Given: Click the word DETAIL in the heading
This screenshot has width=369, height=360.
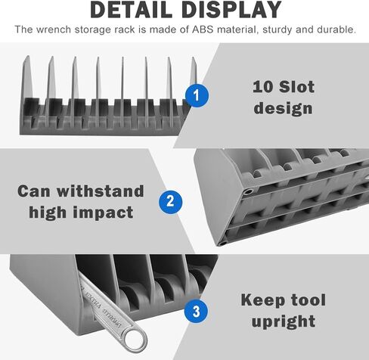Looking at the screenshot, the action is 131,10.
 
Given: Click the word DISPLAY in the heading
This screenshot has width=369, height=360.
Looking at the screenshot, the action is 231,10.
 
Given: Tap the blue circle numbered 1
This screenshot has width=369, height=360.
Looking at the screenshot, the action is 197,95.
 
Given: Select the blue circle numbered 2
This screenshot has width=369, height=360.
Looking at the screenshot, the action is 170,202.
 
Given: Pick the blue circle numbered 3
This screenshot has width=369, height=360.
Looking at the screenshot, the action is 197,311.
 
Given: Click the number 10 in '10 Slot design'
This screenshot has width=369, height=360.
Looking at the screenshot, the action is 263,87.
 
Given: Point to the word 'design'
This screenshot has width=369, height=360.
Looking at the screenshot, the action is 284,108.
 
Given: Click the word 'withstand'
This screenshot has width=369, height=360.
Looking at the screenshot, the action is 101,191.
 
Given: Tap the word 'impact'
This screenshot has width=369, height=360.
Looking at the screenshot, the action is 104,213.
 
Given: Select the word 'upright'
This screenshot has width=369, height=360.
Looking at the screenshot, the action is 284,321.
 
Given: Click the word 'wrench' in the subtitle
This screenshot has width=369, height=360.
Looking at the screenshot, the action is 54,29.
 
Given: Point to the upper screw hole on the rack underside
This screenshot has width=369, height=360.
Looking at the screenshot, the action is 248,191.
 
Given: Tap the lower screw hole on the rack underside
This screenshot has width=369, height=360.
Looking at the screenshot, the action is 222,244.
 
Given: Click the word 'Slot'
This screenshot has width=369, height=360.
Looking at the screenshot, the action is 296,87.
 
